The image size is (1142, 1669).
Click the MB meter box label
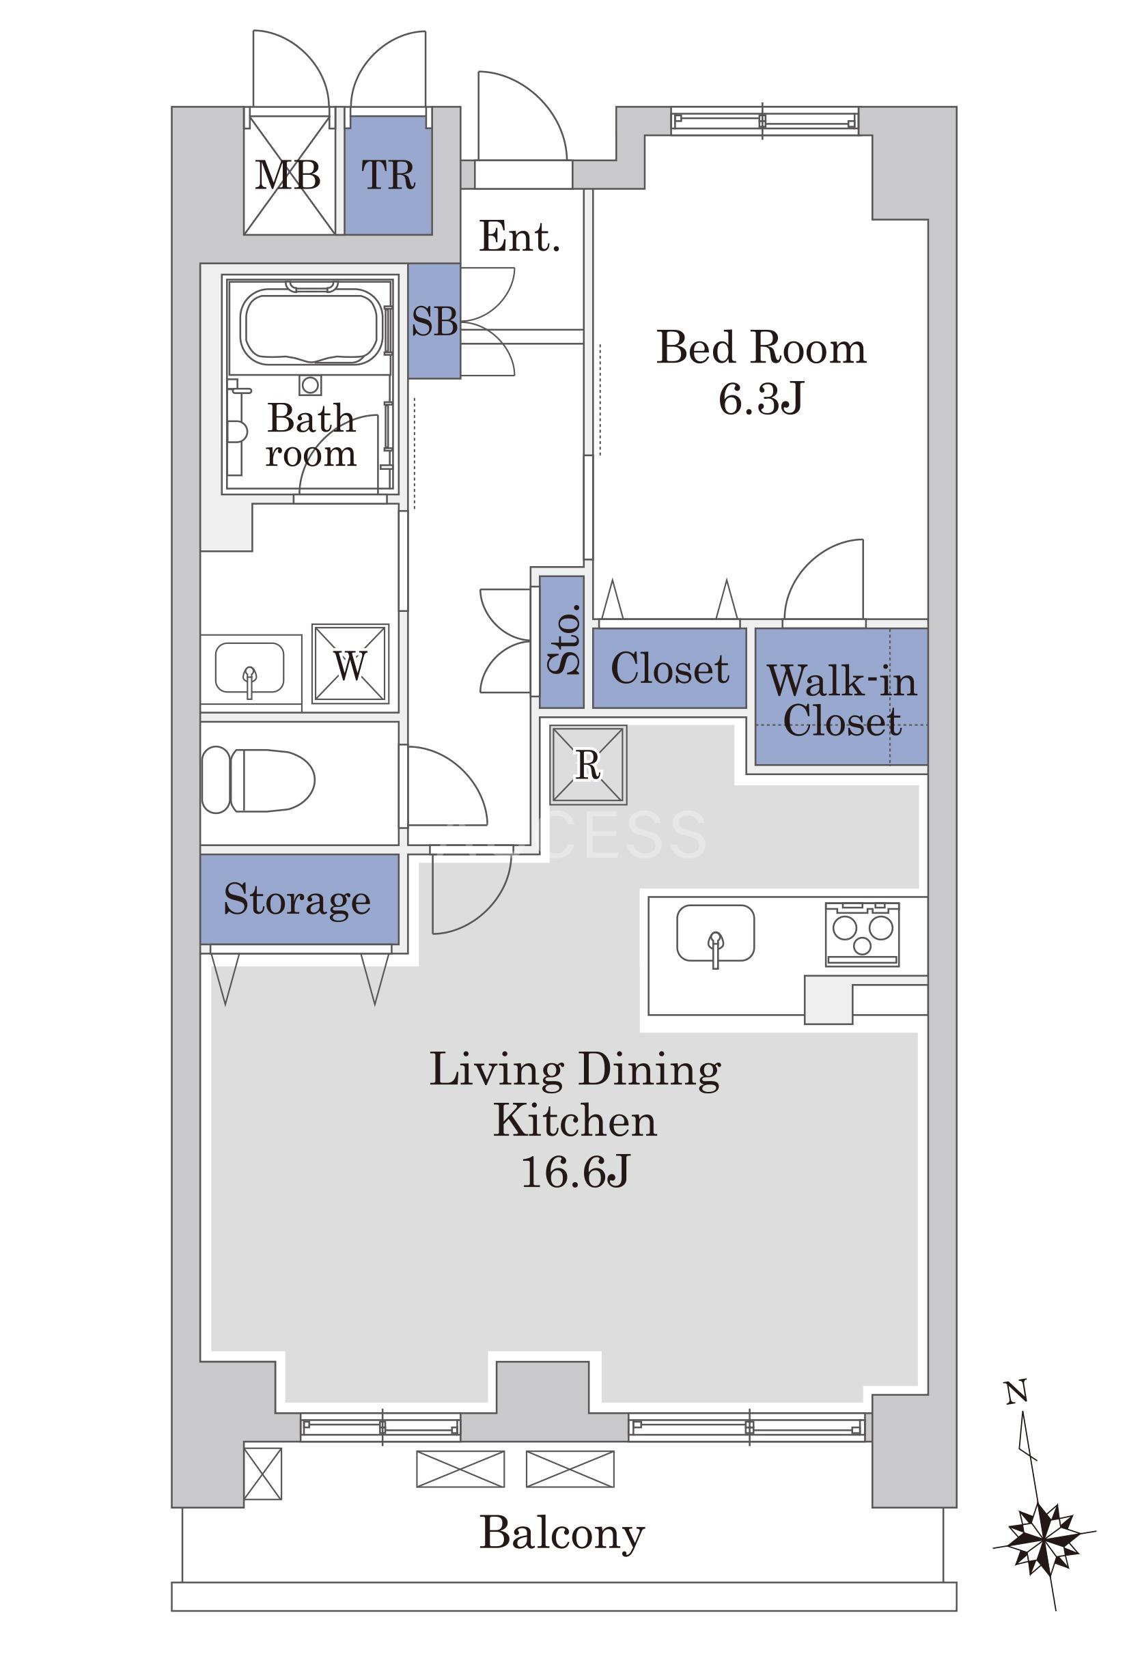coord(288,175)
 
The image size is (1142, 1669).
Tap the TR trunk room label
coord(388,175)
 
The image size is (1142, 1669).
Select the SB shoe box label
coord(434,321)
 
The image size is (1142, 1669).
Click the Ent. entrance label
coord(519,236)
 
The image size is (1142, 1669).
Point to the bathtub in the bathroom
coord(310,326)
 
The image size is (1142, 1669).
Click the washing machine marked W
coord(350,664)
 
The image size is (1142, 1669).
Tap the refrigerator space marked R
coord(588,764)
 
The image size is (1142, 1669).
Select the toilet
coord(259,780)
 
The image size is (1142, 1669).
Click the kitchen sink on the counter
coord(715,934)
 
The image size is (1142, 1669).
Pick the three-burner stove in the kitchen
coord(862,934)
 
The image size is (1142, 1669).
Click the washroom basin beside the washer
coord(250,669)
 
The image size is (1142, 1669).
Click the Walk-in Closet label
coord(841,700)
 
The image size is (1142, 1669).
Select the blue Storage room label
coord(297,900)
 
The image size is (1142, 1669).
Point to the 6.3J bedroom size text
coord(761,399)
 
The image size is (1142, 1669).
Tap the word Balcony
coord(561,1534)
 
